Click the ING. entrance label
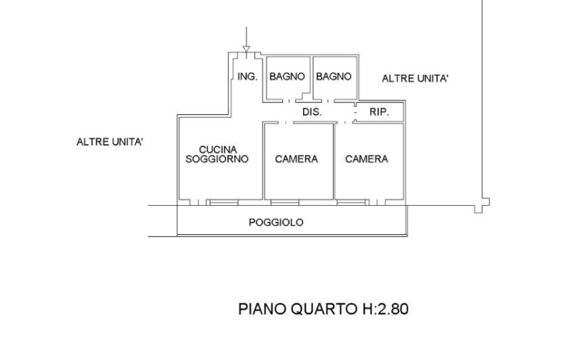[x=247, y=76]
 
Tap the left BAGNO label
[x=286, y=76]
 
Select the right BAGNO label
[x=334, y=76]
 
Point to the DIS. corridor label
[x=312, y=112]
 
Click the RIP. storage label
[x=379, y=112]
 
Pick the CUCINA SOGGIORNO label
[x=217, y=154]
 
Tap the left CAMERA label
[x=296, y=159]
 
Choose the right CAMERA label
[x=366, y=159]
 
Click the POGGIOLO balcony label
[x=276, y=223]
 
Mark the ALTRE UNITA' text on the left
[x=110, y=142]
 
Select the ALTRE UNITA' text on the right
[x=415, y=79]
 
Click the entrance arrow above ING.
[x=246, y=40]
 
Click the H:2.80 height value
[x=381, y=309]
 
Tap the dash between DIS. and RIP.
[x=355, y=113]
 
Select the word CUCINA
[x=217, y=149]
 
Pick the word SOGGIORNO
[x=217, y=159]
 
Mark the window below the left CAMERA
[x=285, y=202]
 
